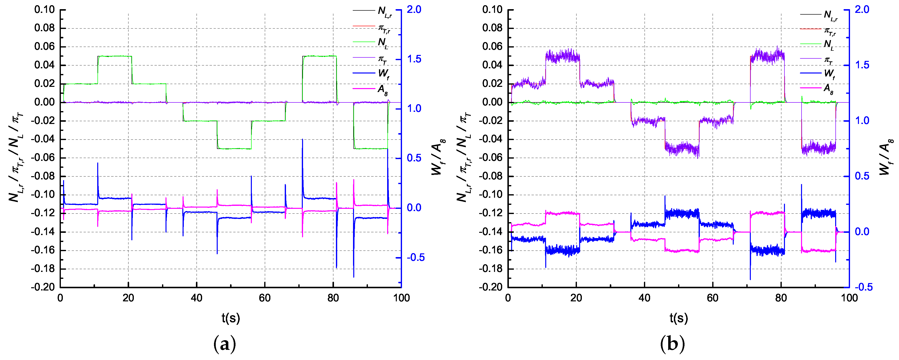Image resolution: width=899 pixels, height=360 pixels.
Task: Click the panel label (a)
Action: pos(224,344)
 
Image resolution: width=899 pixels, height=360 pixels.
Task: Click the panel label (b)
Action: pos(672,344)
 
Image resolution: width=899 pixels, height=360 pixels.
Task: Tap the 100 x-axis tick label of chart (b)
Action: pos(849,298)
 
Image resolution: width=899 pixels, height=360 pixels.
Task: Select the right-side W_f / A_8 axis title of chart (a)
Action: pos(438,157)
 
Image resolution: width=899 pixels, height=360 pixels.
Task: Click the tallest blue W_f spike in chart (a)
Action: pos(302,140)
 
